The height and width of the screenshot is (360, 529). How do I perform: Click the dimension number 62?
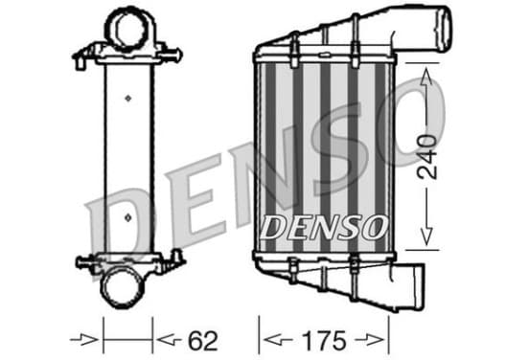[x=203, y=341]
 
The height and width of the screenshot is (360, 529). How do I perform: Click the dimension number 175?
[x=324, y=341]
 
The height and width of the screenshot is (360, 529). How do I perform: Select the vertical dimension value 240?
[x=426, y=157]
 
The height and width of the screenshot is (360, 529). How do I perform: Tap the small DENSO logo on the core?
[x=324, y=228]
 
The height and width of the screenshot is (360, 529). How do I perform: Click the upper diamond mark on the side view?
[x=127, y=98]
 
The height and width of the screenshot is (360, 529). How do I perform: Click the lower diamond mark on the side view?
[x=127, y=217]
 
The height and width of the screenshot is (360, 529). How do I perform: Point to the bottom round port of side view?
[x=123, y=286]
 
